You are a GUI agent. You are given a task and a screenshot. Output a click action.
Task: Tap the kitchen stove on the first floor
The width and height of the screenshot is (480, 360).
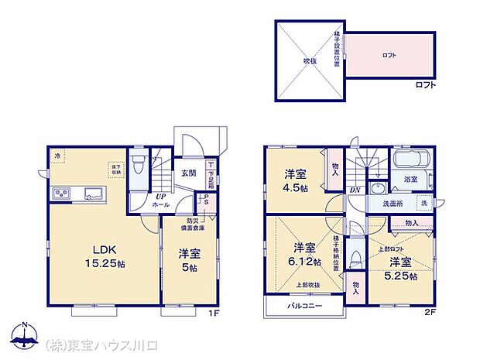61,193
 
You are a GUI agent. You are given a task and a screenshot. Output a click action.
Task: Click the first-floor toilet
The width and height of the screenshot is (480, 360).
137,166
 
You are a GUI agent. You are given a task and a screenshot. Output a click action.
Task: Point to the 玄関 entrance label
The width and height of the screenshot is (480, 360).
188,173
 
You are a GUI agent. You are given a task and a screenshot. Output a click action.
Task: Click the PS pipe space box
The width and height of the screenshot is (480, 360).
207,200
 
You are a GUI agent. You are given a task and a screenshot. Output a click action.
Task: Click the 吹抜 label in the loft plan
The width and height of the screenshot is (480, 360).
309,59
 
